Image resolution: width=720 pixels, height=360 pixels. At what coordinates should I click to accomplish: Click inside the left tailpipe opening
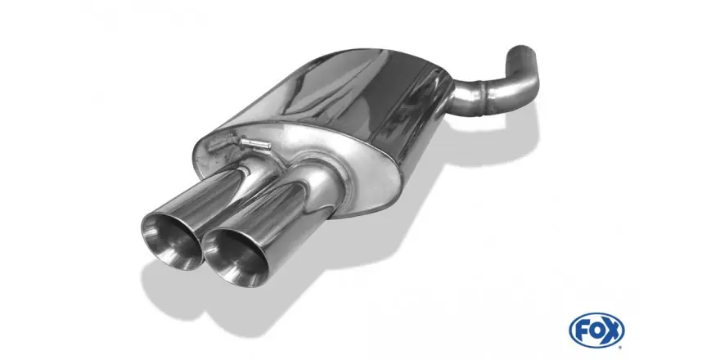click(172, 241)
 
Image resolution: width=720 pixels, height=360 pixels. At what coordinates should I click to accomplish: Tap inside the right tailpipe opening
click(235, 258)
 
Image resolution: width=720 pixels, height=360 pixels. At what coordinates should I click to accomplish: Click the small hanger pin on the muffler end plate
click(255, 144)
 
